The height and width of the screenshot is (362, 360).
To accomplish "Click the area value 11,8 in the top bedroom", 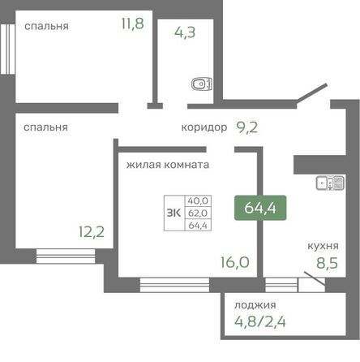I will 132,24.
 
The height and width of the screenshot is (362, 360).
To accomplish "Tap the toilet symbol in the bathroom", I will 199,83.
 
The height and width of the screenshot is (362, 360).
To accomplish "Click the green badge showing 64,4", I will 259,208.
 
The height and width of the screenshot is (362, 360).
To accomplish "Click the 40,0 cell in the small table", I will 197,200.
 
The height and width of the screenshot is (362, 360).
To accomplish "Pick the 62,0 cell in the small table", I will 197,213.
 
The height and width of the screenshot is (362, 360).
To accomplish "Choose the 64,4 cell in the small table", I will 197,225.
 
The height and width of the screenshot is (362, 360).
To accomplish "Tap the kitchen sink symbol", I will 329,183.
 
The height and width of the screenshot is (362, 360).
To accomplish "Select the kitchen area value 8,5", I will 327,261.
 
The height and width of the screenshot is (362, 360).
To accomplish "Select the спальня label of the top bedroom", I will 46,25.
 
